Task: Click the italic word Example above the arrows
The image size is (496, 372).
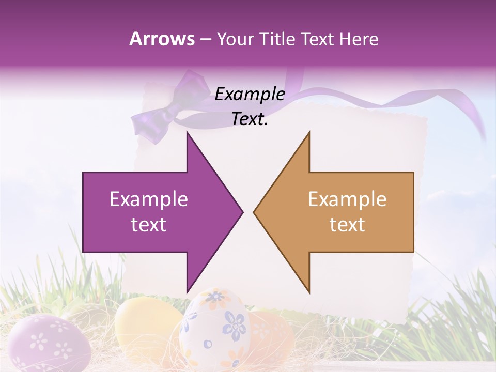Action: [x=250, y=95]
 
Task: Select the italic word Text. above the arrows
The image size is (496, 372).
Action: [x=250, y=119]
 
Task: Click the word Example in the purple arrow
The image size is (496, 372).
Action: [x=149, y=199]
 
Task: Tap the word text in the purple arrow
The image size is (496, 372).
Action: [x=149, y=224]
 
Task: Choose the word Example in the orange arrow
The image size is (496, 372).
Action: [x=347, y=199]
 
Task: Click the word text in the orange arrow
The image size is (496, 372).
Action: [x=347, y=224]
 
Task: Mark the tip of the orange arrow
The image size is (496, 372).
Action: [x=254, y=212]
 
